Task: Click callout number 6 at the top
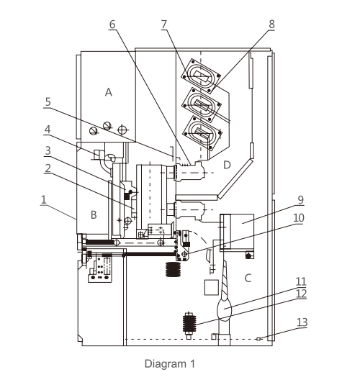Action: [112, 24]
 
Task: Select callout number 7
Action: [164, 24]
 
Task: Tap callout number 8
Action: [271, 24]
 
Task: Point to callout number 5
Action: [48, 101]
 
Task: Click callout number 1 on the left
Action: [44, 199]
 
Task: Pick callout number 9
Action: [301, 200]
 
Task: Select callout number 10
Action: [299, 218]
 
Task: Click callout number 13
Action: [302, 322]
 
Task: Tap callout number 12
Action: [302, 294]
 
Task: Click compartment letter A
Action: [109, 92]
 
